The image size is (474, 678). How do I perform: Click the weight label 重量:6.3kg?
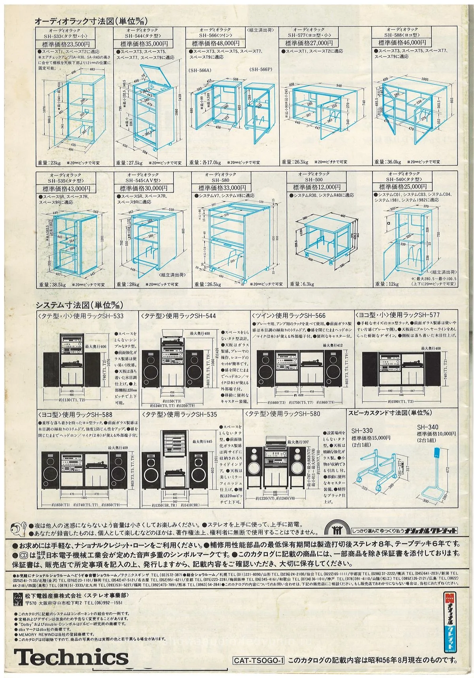click(x=302, y=284)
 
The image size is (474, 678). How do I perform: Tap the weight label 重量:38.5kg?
click(x=52, y=284)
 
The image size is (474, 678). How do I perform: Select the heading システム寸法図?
click(x=68, y=305)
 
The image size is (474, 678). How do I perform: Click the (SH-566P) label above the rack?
click(x=261, y=69)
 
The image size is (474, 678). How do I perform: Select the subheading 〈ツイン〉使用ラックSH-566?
click(x=289, y=315)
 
